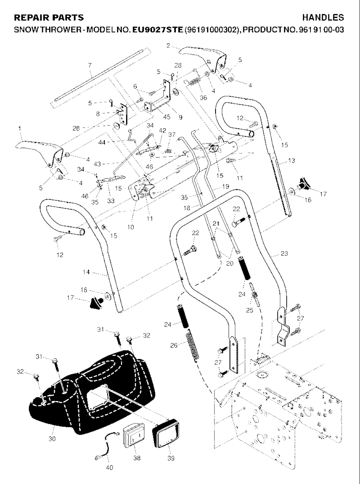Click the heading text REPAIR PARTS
(x=49, y=18)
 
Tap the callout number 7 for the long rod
(x=90, y=65)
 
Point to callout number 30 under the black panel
(x=52, y=439)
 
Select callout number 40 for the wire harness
(x=109, y=467)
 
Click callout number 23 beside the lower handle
(x=284, y=253)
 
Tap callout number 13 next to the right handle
(x=291, y=160)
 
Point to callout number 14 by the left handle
(x=86, y=272)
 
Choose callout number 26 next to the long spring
(x=174, y=345)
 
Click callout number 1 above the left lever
(x=20, y=129)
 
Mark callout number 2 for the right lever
(x=168, y=45)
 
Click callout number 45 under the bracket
(x=167, y=117)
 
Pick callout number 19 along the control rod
(x=225, y=186)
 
